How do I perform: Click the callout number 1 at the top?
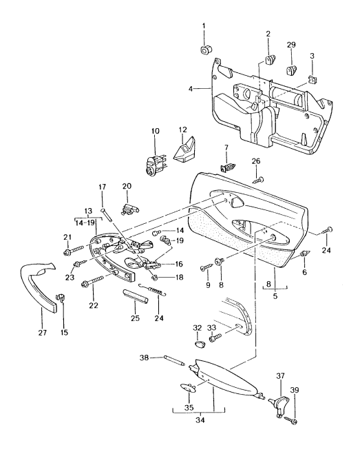click(204, 26)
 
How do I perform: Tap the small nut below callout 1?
click(204, 50)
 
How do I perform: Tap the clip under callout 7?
click(225, 166)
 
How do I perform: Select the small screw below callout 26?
click(258, 179)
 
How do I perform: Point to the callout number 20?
click(127, 186)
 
